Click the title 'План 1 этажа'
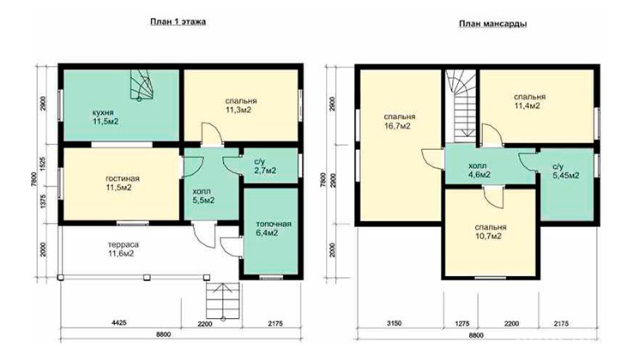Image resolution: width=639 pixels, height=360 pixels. pyautogui.click(x=178, y=21)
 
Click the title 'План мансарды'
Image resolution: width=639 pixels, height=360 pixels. pyautogui.click(x=492, y=24)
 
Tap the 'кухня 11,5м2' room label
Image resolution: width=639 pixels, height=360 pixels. pyautogui.click(x=105, y=117)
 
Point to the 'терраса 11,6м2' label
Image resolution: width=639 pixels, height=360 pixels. pyautogui.click(x=123, y=249)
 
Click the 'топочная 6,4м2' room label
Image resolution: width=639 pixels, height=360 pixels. pyautogui.click(x=274, y=229)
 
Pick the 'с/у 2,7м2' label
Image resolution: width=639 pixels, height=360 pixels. pyautogui.click(x=265, y=166)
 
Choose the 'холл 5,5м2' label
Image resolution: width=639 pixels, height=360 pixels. pyautogui.click(x=203, y=196)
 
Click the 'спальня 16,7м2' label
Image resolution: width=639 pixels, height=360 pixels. pyautogui.click(x=400, y=122)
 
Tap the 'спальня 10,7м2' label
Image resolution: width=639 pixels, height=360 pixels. pyautogui.click(x=491, y=231)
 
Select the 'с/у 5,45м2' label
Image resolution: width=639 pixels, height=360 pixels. pyautogui.click(x=565, y=171)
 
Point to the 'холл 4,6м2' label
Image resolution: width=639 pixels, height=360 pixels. pyautogui.click(x=479, y=171)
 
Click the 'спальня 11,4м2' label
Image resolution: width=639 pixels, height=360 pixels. pyautogui.click(x=529, y=101)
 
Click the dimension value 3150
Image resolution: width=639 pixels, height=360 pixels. pyautogui.click(x=394, y=323)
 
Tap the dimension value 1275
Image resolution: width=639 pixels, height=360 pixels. pyautogui.click(x=461, y=324)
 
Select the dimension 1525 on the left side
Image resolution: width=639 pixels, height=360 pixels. pyautogui.click(x=43, y=164)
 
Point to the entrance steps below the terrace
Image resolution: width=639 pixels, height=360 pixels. pyautogui.click(x=222, y=300)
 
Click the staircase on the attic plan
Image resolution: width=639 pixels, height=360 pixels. pyautogui.click(x=461, y=106)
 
